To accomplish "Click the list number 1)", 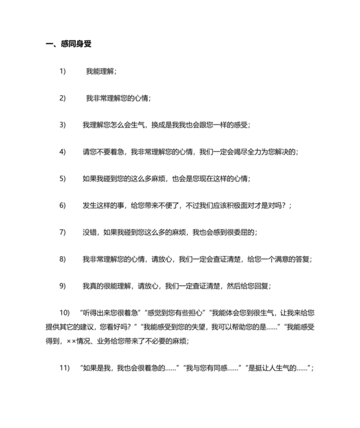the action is pyautogui.click(x=63, y=71).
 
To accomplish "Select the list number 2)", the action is pyautogui.click(x=63, y=98).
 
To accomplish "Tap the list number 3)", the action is pyautogui.click(x=63, y=125).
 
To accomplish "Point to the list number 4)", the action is pyautogui.click(x=63, y=152).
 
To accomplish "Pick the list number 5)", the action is pyautogui.click(x=63, y=178).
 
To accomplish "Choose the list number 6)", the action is pyautogui.click(x=63, y=205).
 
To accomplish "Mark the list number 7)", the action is pyautogui.click(x=63, y=232).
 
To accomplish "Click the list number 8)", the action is pyautogui.click(x=63, y=259).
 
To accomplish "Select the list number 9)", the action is pyautogui.click(x=63, y=286).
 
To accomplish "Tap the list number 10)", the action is pyautogui.click(x=64, y=312).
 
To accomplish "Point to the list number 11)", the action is pyautogui.click(x=64, y=368).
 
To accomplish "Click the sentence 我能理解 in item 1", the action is pyautogui.click(x=100, y=71).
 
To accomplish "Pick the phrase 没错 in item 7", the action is pyautogui.click(x=90, y=232).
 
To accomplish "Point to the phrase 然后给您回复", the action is pyautogui.click(x=251, y=286).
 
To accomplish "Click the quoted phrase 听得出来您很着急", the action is pyautogui.click(x=109, y=312).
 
